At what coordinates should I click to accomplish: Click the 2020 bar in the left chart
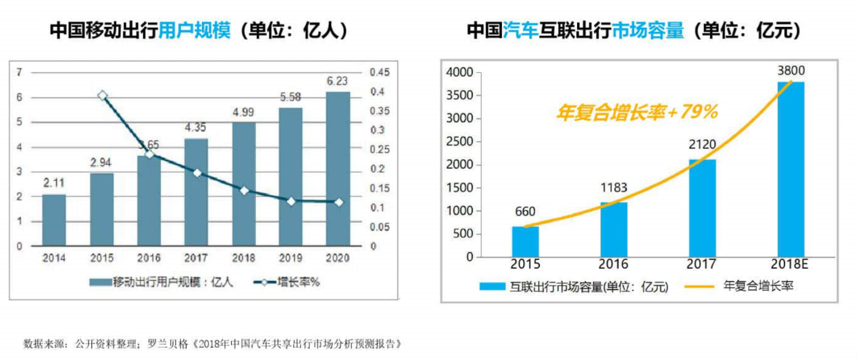coord(338,169)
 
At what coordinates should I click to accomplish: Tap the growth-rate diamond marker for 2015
coord(102,96)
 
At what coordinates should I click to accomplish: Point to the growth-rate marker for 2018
coord(244,190)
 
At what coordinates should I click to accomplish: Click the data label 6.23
coord(338,81)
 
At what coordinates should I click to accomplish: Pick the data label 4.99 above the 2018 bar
coord(244,112)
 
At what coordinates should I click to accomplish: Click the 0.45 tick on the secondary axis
coord(378,72)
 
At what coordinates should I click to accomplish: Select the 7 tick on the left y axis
coord(20,72)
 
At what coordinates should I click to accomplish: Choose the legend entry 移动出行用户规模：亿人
coord(172,282)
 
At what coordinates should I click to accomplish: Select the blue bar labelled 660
coord(525,242)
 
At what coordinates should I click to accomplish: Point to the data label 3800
coord(790,71)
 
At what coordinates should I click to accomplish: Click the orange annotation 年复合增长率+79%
coord(636,112)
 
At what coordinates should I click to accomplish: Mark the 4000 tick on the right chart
coord(461,72)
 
